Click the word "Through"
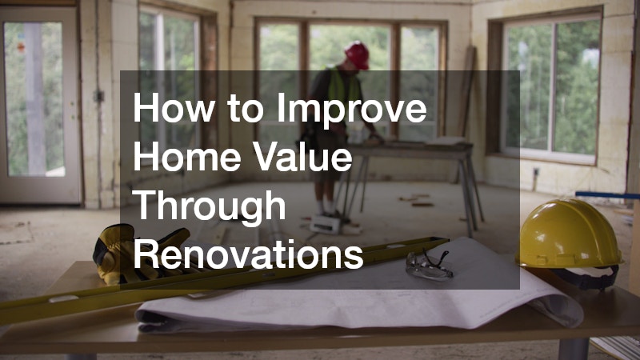(x=210, y=206)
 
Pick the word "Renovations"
(x=248, y=255)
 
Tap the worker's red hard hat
(x=357, y=54)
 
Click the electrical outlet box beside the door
(x=99, y=95)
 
